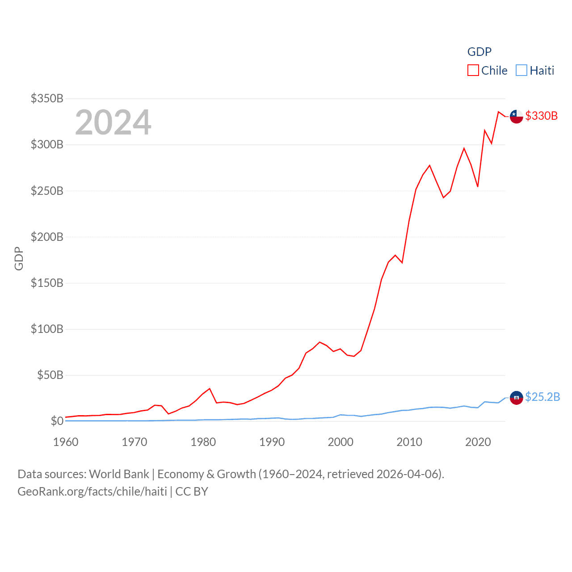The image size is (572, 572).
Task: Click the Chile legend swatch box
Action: (x=473, y=71)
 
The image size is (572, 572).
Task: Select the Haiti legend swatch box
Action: (x=521, y=71)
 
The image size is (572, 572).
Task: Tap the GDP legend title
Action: (x=479, y=52)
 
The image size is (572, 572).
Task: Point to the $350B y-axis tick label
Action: (x=47, y=98)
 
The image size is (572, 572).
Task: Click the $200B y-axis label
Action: (x=47, y=237)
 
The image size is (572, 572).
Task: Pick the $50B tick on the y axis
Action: (x=50, y=375)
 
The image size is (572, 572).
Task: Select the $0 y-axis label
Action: (x=57, y=421)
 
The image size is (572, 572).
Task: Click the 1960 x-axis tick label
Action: (x=66, y=442)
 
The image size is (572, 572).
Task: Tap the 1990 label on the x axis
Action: (x=272, y=442)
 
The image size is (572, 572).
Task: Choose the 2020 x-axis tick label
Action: (x=478, y=442)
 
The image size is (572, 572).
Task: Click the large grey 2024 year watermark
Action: (x=113, y=122)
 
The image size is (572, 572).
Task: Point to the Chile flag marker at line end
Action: (x=516, y=116)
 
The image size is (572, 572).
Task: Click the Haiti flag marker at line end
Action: (x=516, y=397)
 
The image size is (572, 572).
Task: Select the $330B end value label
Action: (x=541, y=116)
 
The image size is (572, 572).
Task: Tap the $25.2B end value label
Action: (x=542, y=397)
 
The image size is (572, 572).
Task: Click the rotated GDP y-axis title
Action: (x=19, y=258)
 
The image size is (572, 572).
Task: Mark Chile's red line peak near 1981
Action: (x=210, y=389)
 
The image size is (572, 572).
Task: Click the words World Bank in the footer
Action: (x=119, y=474)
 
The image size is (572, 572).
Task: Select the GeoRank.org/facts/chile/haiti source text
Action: (x=92, y=492)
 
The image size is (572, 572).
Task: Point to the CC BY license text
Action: (x=192, y=492)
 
